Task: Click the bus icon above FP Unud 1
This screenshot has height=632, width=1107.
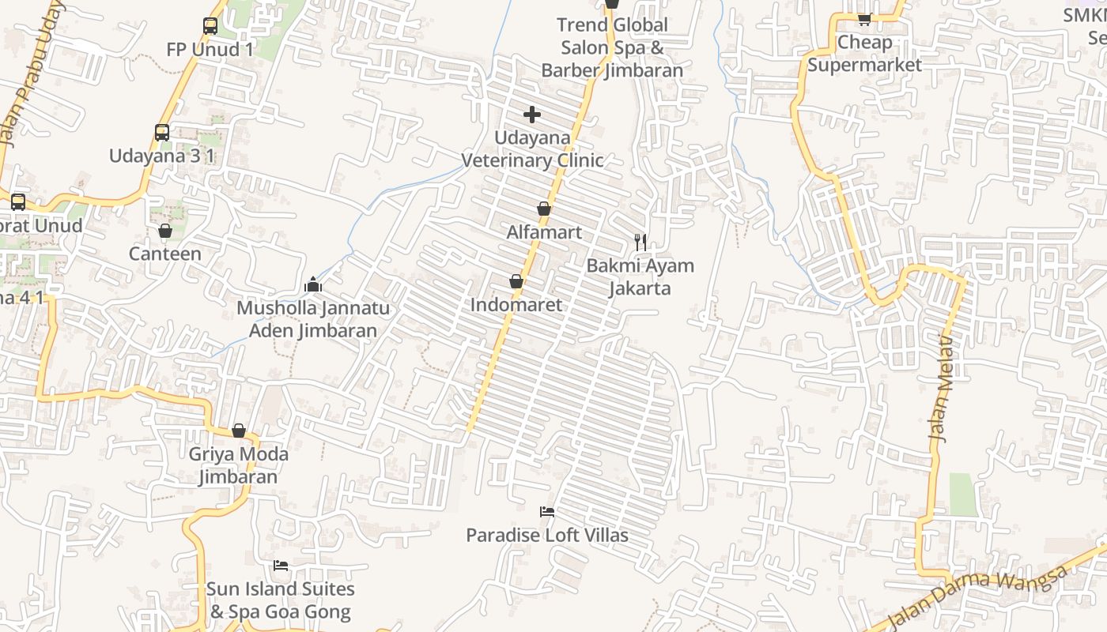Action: (x=210, y=26)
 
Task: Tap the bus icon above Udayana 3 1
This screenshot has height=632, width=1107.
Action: (x=162, y=133)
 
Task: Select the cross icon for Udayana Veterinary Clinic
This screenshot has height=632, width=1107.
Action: (x=532, y=115)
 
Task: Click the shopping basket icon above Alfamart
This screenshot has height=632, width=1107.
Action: (x=544, y=209)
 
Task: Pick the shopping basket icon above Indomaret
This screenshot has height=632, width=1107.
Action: (x=516, y=281)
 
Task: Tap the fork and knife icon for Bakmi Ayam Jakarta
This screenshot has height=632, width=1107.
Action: (x=640, y=242)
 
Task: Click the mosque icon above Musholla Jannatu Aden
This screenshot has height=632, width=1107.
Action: (x=313, y=284)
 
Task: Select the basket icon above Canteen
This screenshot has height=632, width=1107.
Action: (x=165, y=231)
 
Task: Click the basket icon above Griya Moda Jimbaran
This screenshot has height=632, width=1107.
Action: (x=239, y=431)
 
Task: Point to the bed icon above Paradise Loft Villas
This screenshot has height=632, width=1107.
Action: (x=546, y=512)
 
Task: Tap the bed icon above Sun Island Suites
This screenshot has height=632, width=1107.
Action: (x=281, y=566)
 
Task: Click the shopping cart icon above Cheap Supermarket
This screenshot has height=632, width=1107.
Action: (x=864, y=19)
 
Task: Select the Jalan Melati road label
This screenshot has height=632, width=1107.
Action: (x=942, y=387)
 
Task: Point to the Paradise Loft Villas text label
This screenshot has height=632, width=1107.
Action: (x=547, y=536)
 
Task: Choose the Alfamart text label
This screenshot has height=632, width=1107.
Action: (x=544, y=232)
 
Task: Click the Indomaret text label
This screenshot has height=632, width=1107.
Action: (x=516, y=305)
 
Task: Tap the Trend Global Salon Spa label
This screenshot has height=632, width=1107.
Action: (x=612, y=47)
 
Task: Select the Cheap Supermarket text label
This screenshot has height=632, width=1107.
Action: (x=864, y=54)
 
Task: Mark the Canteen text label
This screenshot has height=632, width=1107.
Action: (x=165, y=254)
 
